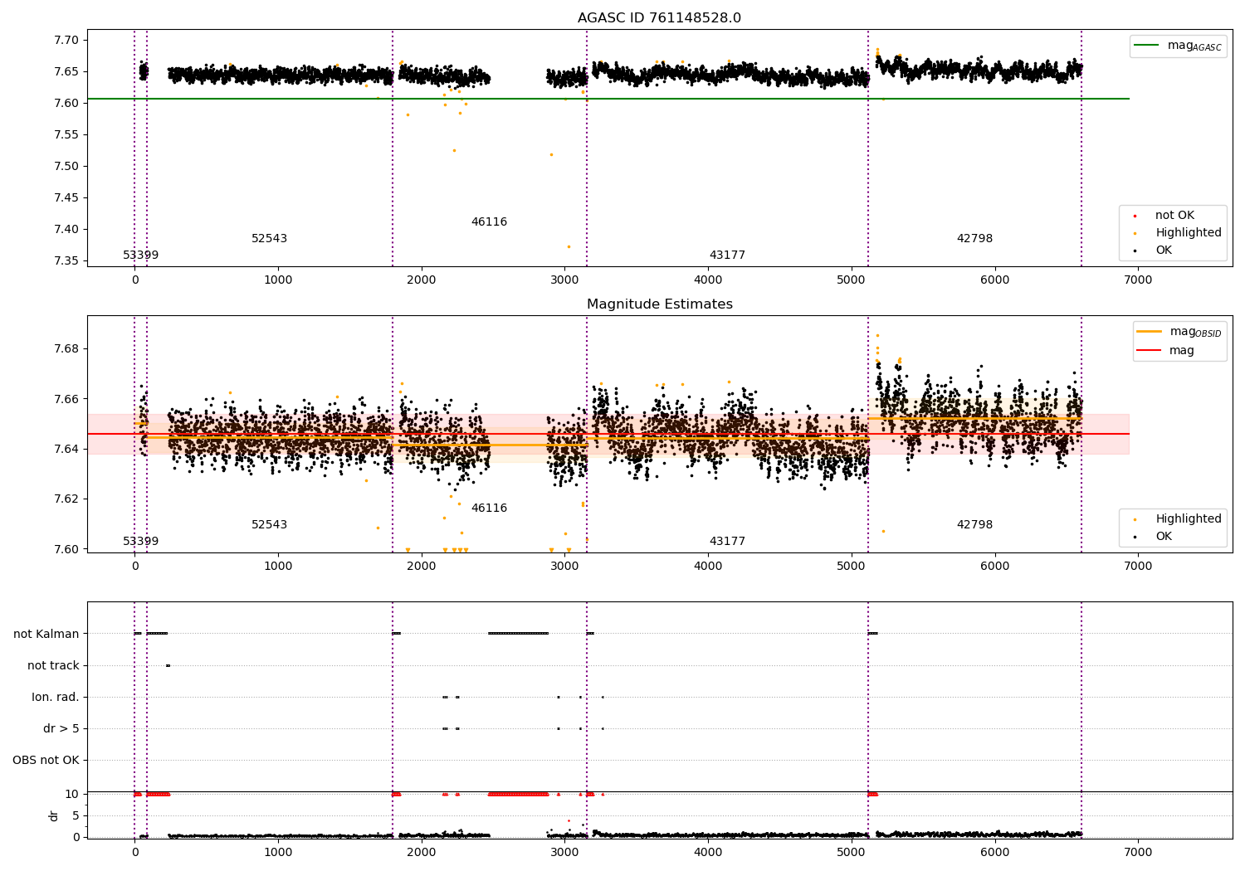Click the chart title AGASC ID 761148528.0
click(x=659, y=18)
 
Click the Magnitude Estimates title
click(x=659, y=304)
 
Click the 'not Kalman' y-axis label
click(x=46, y=634)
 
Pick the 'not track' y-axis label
click(x=53, y=665)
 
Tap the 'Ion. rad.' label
click(x=56, y=697)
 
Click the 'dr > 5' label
click(x=61, y=728)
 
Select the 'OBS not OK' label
click(x=46, y=760)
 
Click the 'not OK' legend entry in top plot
click(x=1174, y=216)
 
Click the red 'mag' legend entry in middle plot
click(x=1181, y=350)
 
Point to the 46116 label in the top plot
click(x=489, y=222)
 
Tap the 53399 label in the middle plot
click(x=140, y=542)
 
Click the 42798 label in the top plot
click(x=974, y=239)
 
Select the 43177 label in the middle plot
click(x=727, y=542)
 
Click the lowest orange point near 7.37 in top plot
click(x=569, y=246)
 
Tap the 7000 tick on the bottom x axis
click(x=1138, y=853)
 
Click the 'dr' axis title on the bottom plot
click(x=54, y=815)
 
